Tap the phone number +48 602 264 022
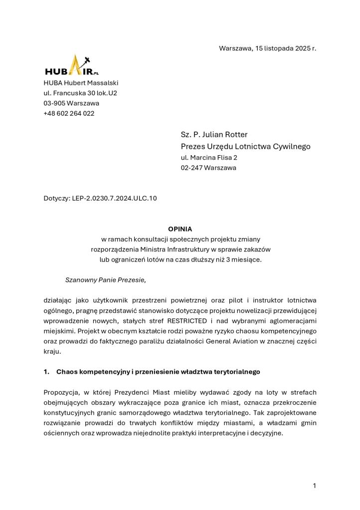click(x=69, y=113)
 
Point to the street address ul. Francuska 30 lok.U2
click(x=80, y=93)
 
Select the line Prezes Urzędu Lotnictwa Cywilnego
click(x=245, y=147)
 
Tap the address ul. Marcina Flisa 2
click(x=209, y=158)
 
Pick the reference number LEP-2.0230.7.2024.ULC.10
click(x=114, y=199)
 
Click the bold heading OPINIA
click(x=180, y=229)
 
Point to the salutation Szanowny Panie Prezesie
click(x=105, y=280)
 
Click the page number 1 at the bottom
click(x=315, y=486)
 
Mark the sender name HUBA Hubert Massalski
click(x=81, y=83)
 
